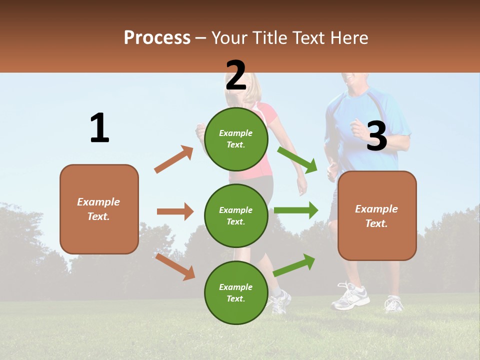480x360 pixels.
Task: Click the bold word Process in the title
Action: pos(157,38)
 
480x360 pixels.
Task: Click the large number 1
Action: pos(99,128)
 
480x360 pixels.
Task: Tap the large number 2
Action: pos(235,75)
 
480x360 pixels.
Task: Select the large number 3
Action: pos(376,136)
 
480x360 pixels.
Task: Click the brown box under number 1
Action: pos(99,209)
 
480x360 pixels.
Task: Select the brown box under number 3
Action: pos(377,216)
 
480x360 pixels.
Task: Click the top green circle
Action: pos(236,139)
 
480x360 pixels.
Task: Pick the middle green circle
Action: pos(236,216)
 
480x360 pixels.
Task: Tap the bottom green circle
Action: pos(236,292)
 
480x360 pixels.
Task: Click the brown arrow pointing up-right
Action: pos(174,159)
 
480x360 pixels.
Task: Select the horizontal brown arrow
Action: pos(175,211)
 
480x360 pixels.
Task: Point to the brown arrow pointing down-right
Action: pos(175,266)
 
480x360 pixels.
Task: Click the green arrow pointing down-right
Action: pos(297,159)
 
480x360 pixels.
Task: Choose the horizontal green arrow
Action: pos(296,210)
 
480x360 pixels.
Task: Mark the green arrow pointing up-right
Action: pos(294,265)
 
